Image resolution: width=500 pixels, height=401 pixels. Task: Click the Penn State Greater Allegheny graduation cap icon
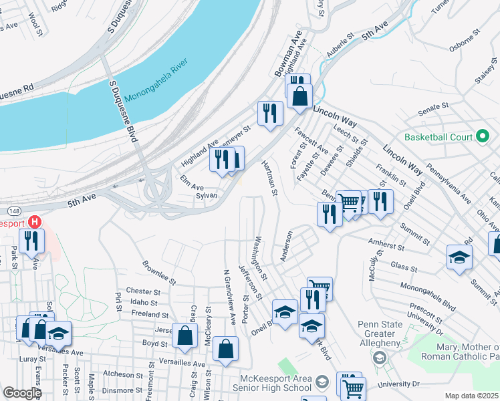click(x=380, y=358)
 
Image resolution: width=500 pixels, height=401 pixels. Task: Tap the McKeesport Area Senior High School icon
click(x=322, y=382)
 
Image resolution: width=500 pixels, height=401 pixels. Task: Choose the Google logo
click(x=23, y=393)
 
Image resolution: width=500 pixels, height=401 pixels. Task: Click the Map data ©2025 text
click(x=471, y=396)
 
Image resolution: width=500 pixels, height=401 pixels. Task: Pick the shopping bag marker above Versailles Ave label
click(x=227, y=350)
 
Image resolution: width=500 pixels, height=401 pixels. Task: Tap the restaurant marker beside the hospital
click(x=31, y=240)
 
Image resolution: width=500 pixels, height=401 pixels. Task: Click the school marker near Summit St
click(x=459, y=257)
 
